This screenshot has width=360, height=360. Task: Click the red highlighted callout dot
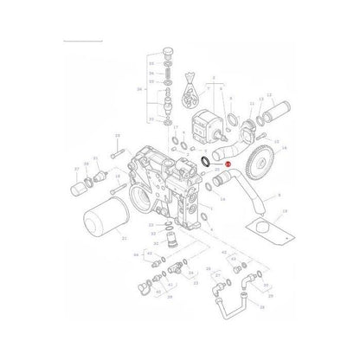pos(227,189)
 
